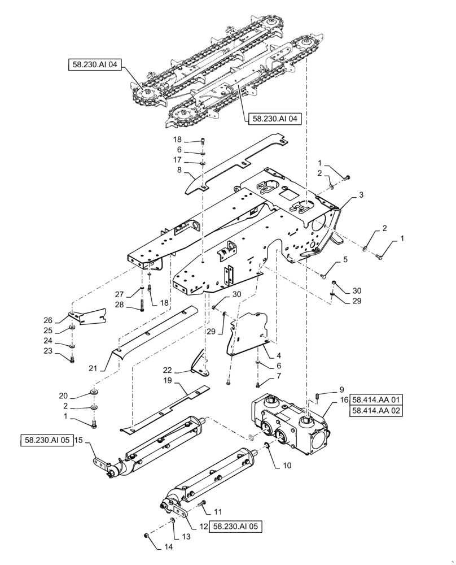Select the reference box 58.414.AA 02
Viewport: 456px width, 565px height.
point(376,412)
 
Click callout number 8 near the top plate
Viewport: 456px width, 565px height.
point(178,169)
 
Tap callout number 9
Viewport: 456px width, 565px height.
point(341,390)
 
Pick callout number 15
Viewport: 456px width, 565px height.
point(79,441)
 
